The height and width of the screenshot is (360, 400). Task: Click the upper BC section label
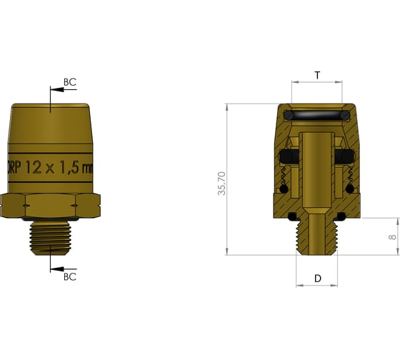69,82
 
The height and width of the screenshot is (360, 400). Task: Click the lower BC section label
70,276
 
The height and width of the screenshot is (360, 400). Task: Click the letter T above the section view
316,74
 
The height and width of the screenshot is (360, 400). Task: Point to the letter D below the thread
317,279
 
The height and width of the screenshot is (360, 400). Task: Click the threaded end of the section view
316,236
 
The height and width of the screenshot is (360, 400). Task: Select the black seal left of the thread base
293,216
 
